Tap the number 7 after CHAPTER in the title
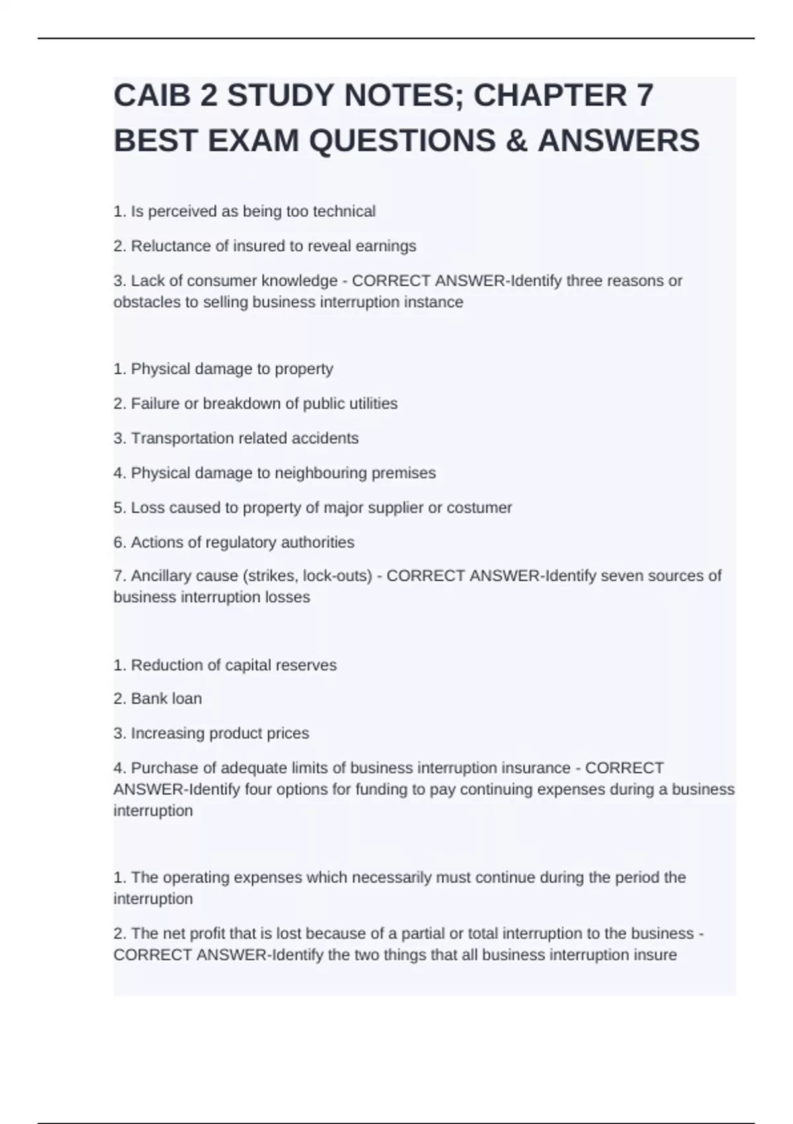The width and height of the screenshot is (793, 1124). [644, 96]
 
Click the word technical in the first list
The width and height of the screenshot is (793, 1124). [344, 212]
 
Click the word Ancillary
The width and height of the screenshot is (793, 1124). [161, 576]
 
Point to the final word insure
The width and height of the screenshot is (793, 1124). [654, 955]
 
